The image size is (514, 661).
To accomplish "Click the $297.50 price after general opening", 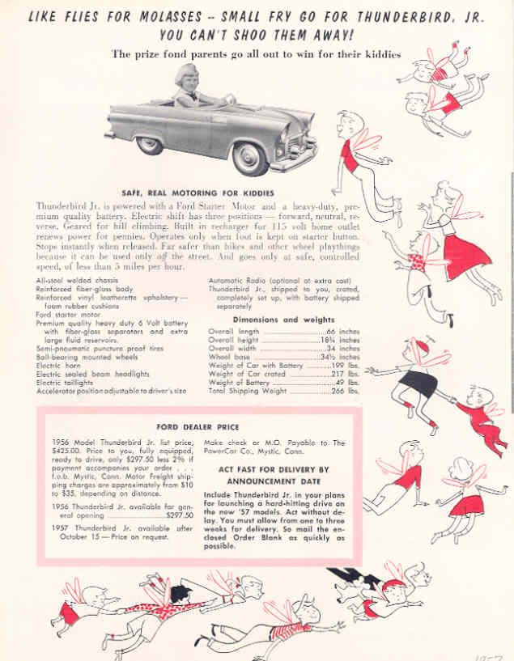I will click(x=179, y=515).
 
